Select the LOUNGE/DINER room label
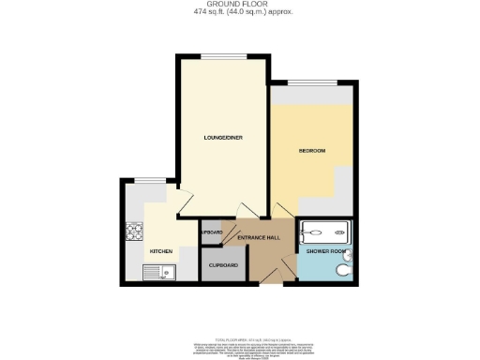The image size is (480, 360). tap(224, 139)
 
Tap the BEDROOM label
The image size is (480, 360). tap(312, 151)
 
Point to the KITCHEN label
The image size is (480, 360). tap(160, 252)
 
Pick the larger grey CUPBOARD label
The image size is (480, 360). tap(222, 265)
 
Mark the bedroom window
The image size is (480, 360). tap(312, 84)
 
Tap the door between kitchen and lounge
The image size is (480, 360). tap(184, 200)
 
